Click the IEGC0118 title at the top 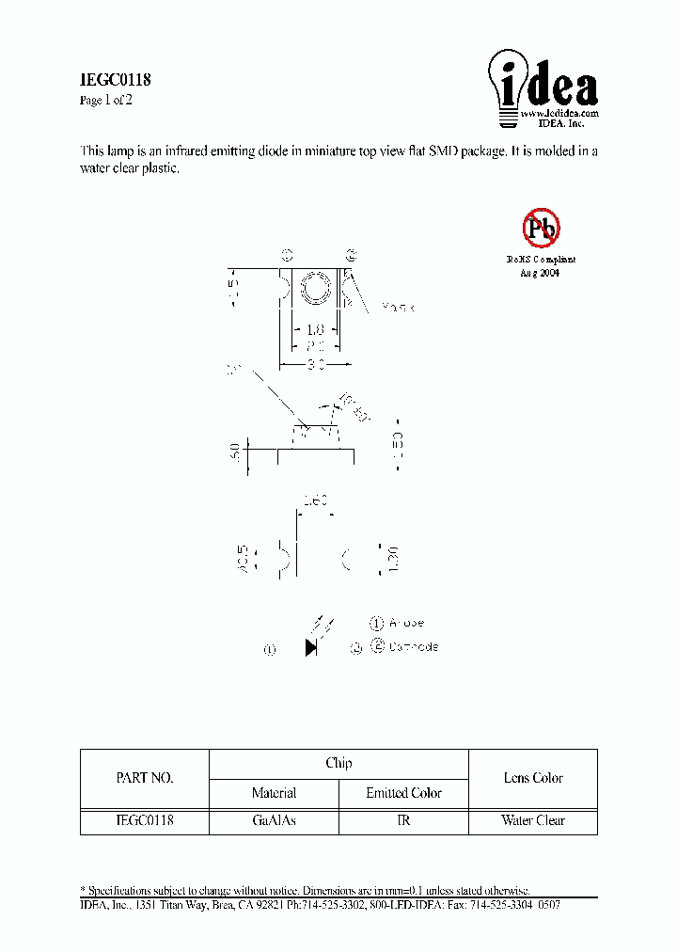115,81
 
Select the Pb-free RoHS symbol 541,227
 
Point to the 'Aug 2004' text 540,272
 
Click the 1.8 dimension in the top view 314,329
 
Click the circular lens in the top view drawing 314,288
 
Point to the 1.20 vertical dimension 394,559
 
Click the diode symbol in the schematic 311,647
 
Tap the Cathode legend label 413,647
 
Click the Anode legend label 406,623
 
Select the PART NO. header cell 144,778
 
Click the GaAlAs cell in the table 275,820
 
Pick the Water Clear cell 533,820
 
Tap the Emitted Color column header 403,793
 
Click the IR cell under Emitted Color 403,820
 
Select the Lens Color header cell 533,778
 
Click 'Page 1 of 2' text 106,101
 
